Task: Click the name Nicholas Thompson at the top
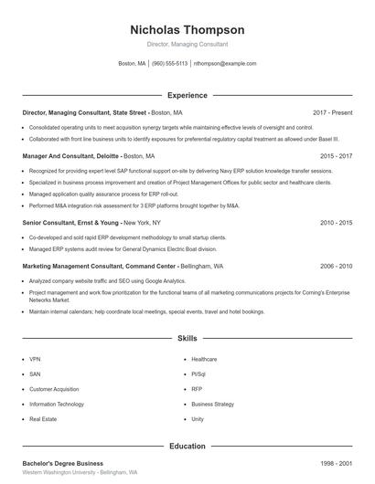pos(187,29)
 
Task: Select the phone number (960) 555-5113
pos(169,64)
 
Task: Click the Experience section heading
pos(187,95)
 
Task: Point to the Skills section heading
pos(187,338)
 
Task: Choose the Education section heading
pos(187,447)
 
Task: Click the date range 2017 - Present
pos(332,112)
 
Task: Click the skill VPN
pos(35,360)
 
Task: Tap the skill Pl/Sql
pos(199,374)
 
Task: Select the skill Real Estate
pos(43,418)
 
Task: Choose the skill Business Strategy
pos(212,404)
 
